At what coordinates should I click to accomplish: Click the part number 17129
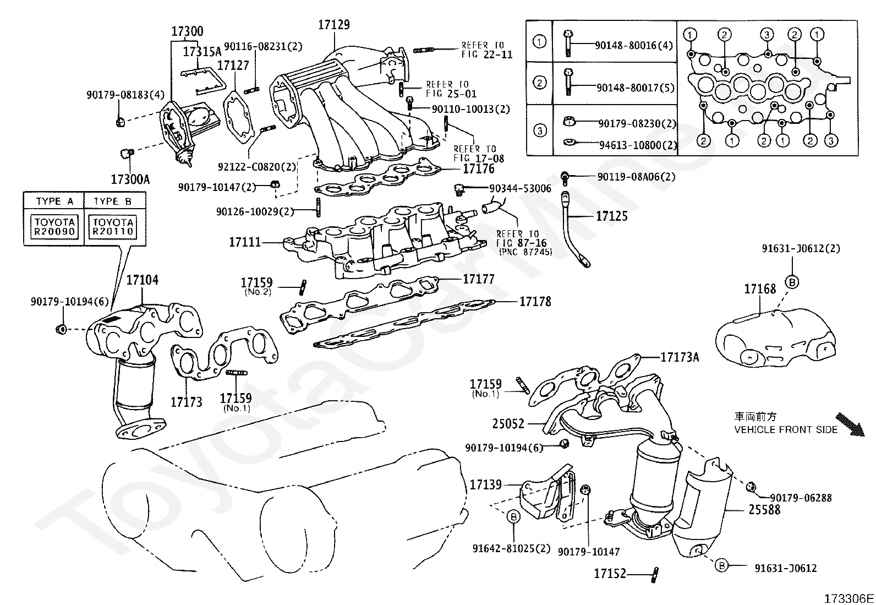[x=333, y=25]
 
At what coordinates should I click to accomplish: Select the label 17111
[x=245, y=242]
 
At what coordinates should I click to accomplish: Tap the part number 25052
[x=508, y=424]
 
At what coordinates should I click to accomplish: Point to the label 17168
[x=760, y=289]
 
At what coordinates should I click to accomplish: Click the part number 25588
[x=764, y=509]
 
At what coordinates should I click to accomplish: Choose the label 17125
[x=612, y=216]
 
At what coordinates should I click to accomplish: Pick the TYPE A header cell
[x=54, y=201]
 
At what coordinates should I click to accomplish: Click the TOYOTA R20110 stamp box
[x=113, y=226]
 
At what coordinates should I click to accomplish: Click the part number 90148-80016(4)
[x=633, y=45]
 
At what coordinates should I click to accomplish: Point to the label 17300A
[x=130, y=179]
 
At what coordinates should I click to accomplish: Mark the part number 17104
[x=142, y=280]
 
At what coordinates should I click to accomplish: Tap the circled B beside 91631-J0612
[x=721, y=564]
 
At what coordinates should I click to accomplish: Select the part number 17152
[x=610, y=574]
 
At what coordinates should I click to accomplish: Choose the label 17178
[x=535, y=301]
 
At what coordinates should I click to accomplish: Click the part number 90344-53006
[x=520, y=188]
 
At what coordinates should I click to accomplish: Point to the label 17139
[x=485, y=484]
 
